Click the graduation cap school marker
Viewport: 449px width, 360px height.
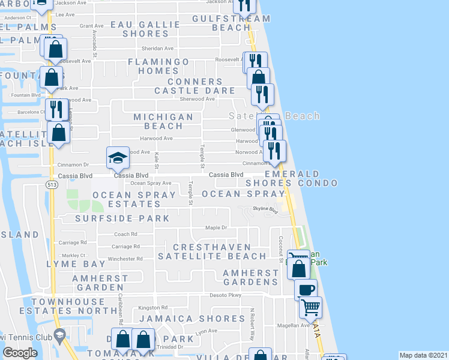[x=118, y=158]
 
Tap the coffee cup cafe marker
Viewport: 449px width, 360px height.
[x=306, y=289]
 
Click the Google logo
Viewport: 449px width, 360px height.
[x=20, y=353]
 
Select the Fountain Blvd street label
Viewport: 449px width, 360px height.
[x=26, y=95]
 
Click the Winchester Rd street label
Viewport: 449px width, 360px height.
[x=125, y=259]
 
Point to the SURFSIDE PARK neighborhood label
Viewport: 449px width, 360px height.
[x=122, y=218]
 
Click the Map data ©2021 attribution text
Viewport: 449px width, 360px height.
[x=424, y=355]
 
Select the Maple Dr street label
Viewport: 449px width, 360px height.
[x=216, y=227]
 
